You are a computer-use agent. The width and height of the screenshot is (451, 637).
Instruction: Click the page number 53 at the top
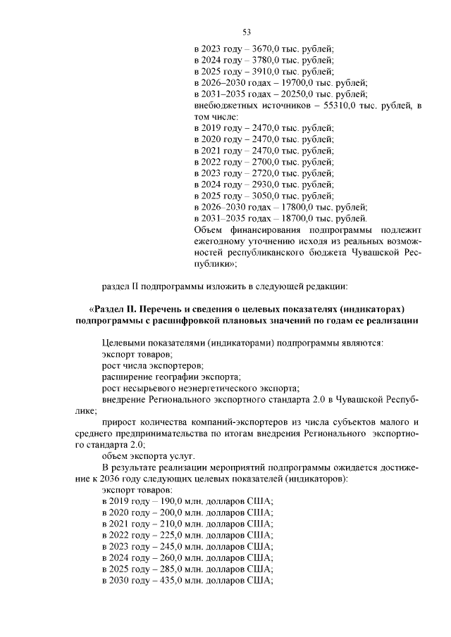247,32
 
